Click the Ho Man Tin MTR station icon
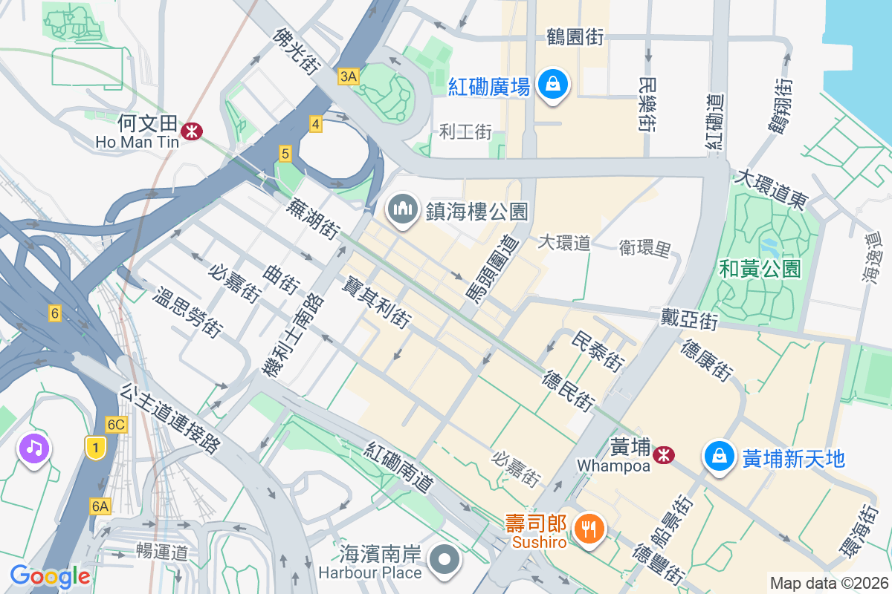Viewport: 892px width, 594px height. coord(193,131)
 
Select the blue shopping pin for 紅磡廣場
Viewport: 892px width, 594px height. coord(553,84)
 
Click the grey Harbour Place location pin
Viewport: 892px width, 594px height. coord(445,561)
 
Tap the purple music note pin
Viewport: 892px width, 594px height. coord(34,448)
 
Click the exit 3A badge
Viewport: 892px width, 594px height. coord(348,76)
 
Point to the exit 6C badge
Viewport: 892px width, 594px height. coord(116,425)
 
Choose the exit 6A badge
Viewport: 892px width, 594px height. coord(100,506)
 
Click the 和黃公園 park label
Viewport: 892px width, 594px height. coord(760,269)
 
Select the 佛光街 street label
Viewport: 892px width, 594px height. coord(296,51)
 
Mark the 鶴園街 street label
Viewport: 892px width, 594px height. coord(575,37)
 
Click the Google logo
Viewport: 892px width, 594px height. coord(50,576)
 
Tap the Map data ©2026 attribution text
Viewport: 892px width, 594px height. coord(828,583)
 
